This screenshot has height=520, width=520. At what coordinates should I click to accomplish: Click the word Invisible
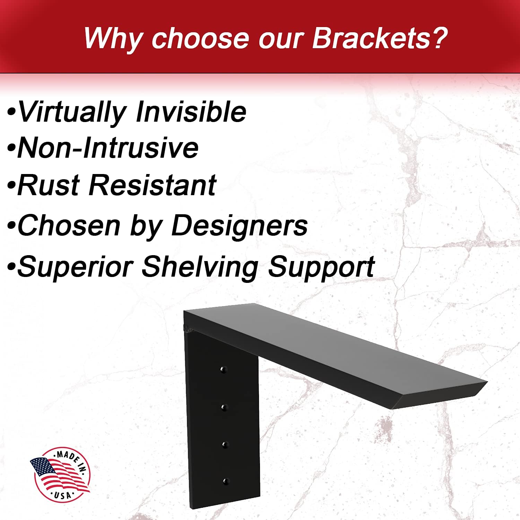click(x=191, y=112)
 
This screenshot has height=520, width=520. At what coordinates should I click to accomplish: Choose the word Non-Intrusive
click(x=108, y=148)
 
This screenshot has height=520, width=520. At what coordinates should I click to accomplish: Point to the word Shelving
click(x=200, y=267)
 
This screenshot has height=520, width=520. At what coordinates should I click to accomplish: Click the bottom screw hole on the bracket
click(x=226, y=481)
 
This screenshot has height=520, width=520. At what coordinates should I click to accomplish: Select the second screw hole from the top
click(x=224, y=407)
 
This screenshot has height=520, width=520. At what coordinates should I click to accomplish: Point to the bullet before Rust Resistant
click(x=11, y=185)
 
